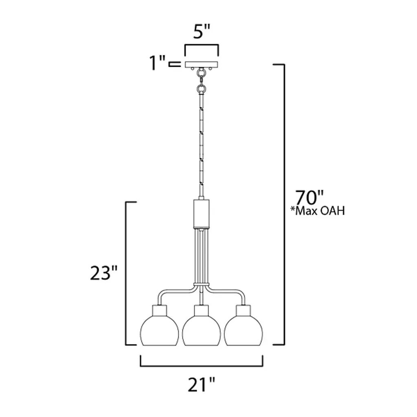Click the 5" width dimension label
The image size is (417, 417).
coord(201,32)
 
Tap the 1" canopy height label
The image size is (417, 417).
coord(158,63)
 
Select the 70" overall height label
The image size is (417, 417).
coord(309,198)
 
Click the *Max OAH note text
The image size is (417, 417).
coord(318,211)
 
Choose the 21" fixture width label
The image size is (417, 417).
coord(201,385)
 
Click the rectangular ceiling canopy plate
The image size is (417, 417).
coord(201,64)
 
